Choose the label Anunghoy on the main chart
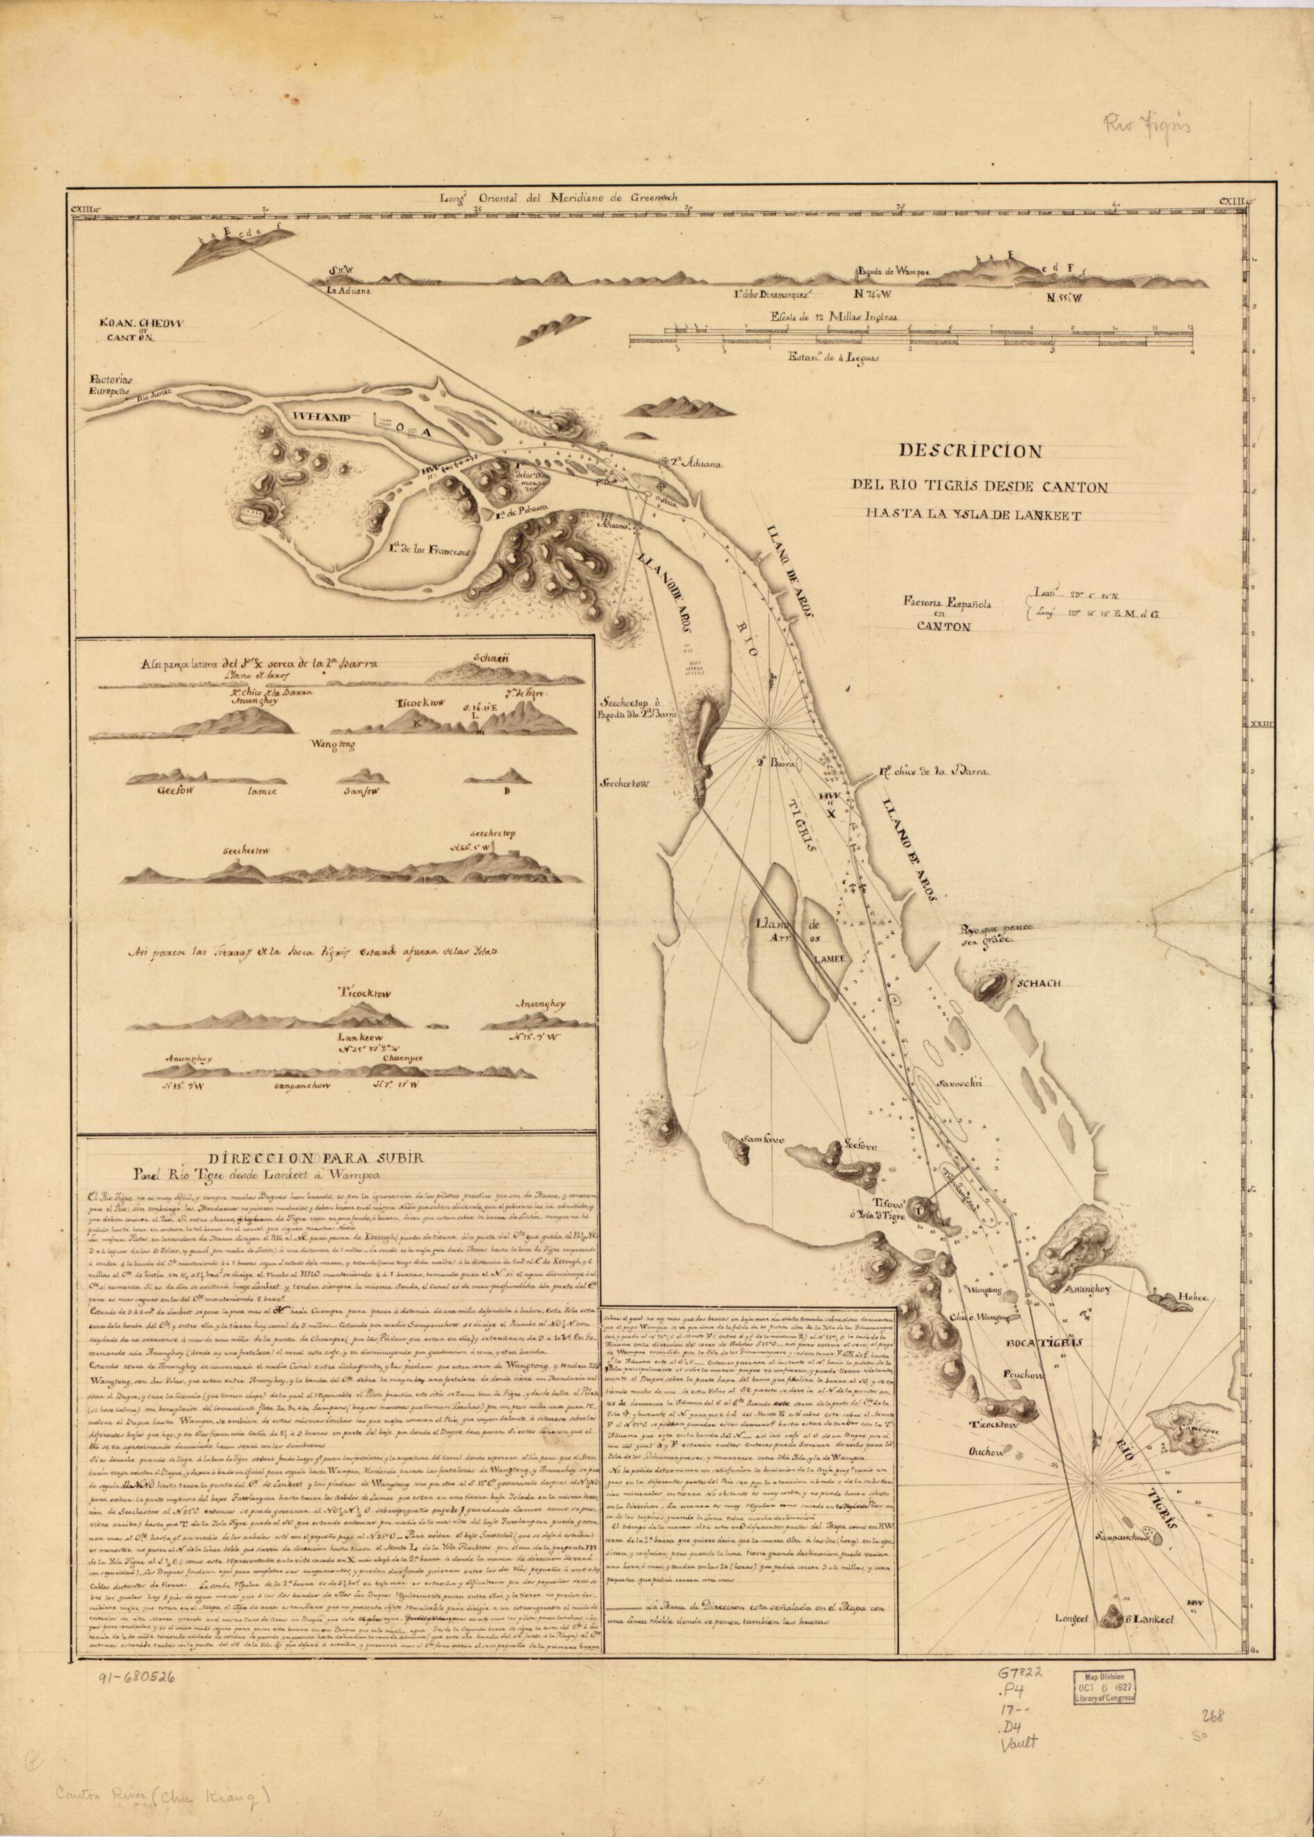[x=1092, y=1537]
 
